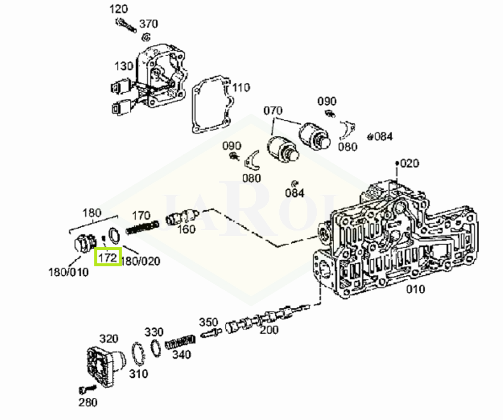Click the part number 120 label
click(x=119, y=9)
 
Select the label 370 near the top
click(x=149, y=24)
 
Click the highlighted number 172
click(x=108, y=257)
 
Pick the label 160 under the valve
click(x=187, y=229)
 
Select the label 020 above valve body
click(x=410, y=163)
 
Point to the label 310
click(x=138, y=374)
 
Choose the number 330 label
click(x=154, y=331)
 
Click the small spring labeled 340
click(x=180, y=343)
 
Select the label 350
click(x=208, y=322)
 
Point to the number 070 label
click(x=273, y=111)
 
